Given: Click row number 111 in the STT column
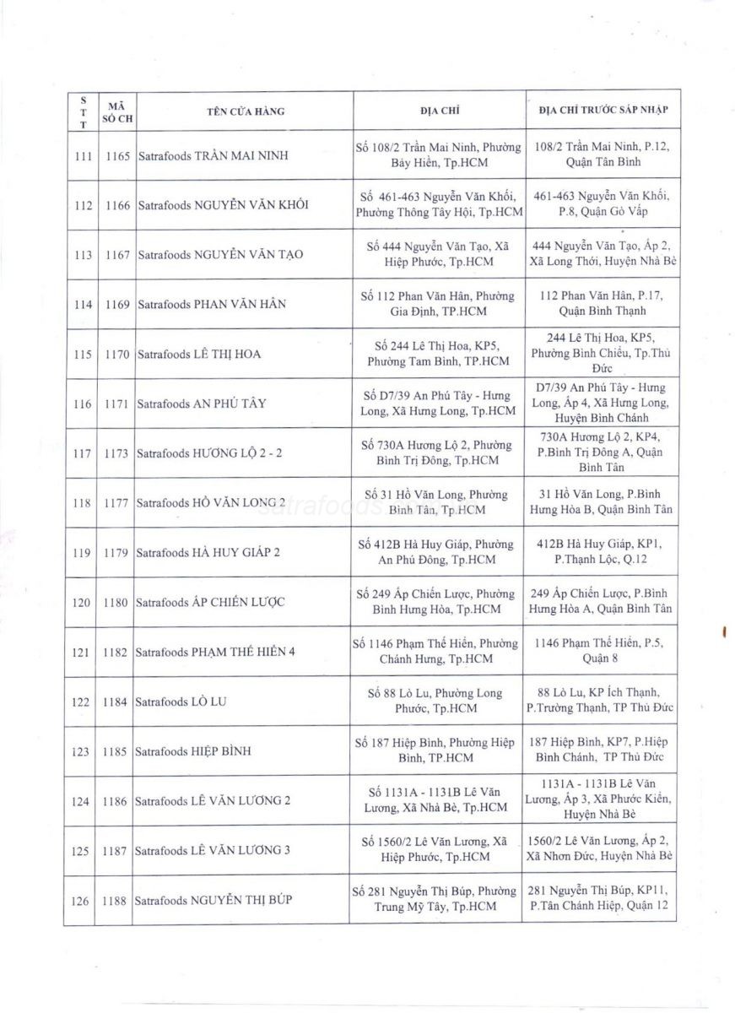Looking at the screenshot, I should (x=83, y=156).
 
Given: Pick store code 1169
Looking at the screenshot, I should (x=117, y=304).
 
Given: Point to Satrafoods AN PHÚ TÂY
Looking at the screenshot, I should (x=201, y=404).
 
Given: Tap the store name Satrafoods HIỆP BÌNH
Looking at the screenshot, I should (x=192, y=751).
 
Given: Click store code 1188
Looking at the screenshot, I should (x=117, y=901).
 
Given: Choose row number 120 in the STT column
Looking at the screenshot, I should (x=83, y=602).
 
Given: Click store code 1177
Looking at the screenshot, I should (x=117, y=502).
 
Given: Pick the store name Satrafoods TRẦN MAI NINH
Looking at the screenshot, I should (x=212, y=156).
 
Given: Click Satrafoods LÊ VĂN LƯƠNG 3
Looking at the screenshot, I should (x=213, y=850).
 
